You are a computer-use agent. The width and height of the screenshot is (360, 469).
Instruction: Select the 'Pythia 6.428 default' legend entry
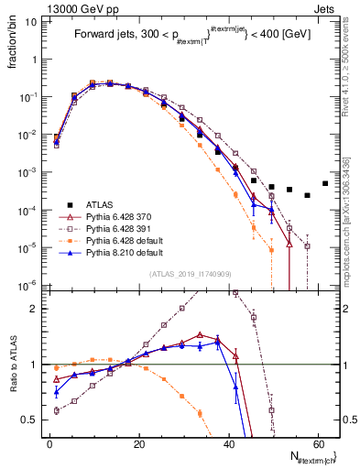(x=122, y=240)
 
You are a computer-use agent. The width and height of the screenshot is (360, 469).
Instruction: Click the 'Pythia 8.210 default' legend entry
(x=122, y=252)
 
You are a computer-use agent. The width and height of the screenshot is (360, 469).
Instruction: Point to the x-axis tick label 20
(x=138, y=443)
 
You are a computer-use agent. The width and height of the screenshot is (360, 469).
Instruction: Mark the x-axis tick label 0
(x=49, y=443)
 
